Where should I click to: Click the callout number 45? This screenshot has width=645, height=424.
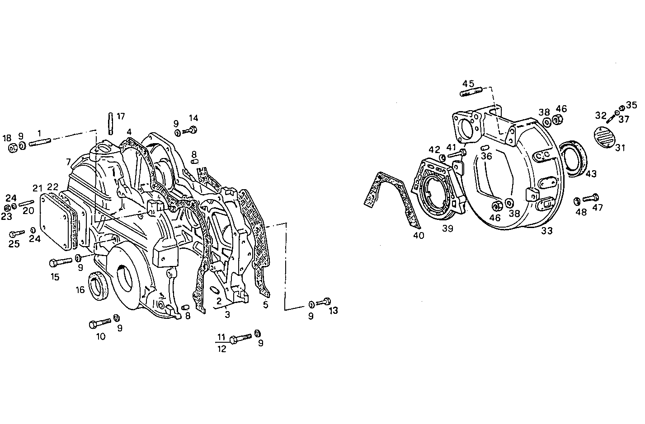point(468,84)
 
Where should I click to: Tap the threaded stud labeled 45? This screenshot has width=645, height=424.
point(471,93)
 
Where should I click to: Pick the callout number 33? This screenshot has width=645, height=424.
point(546,231)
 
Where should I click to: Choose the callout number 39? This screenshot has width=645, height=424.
point(447,229)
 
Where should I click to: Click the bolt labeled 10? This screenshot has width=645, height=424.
point(100,323)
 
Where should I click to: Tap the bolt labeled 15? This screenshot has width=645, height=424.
point(59,261)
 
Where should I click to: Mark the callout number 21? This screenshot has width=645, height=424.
point(37,187)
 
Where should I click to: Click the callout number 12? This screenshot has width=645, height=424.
point(221,349)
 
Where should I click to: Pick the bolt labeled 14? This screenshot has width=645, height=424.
point(190,130)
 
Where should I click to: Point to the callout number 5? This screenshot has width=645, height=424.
point(265,305)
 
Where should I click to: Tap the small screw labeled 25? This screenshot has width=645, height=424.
point(16,234)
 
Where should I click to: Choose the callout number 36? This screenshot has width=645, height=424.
point(486,156)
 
